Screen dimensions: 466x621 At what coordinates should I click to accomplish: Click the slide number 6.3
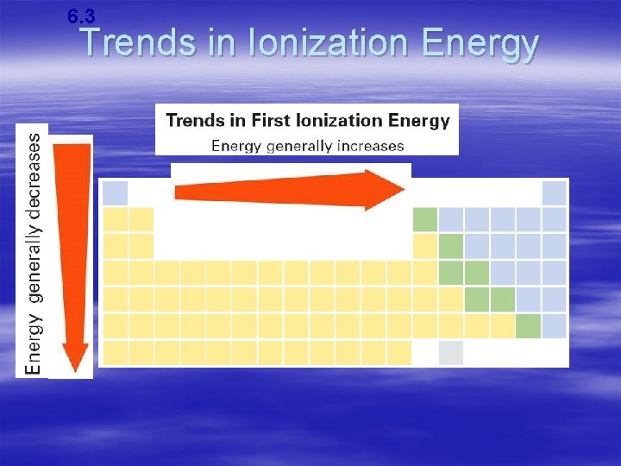(81, 15)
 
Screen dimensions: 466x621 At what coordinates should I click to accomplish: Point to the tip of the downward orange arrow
(75, 366)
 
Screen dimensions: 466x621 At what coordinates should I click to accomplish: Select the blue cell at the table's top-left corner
(116, 193)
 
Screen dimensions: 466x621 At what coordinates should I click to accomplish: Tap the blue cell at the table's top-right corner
(555, 193)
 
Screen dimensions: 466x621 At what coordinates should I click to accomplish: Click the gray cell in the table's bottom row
(450, 353)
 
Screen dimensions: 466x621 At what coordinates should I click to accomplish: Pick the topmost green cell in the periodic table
(425, 220)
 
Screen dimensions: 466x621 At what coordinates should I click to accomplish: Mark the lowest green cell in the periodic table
(528, 326)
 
